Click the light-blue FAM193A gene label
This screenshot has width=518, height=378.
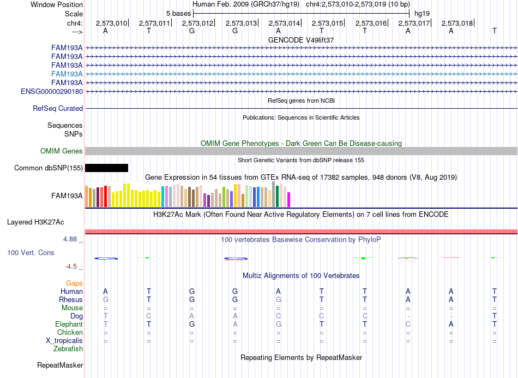(x=67, y=74)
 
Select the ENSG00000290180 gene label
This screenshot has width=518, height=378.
(x=52, y=91)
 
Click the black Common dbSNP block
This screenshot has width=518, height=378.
(x=106, y=168)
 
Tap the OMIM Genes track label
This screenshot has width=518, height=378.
(x=62, y=151)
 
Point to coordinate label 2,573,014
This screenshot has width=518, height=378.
(x=284, y=23)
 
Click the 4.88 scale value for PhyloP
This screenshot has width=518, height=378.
(x=70, y=239)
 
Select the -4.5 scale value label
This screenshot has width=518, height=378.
(x=71, y=267)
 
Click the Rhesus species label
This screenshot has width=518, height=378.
(x=71, y=299)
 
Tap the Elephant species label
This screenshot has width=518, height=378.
(x=69, y=324)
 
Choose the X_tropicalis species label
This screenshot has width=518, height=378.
(x=64, y=341)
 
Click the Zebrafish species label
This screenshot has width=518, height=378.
(x=68, y=349)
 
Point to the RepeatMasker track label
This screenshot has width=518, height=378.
(x=60, y=365)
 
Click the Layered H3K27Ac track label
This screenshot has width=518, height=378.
(x=35, y=222)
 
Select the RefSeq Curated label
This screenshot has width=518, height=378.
(x=58, y=109)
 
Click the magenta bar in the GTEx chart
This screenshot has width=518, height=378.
(x=289, y=199)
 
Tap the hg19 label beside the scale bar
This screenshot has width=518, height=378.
(x=422, y=14)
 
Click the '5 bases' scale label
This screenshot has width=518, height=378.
(x=178, y=14)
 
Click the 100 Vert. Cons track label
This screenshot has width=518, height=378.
(x=31, y=252)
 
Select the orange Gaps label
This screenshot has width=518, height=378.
(x=74, y=283)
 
